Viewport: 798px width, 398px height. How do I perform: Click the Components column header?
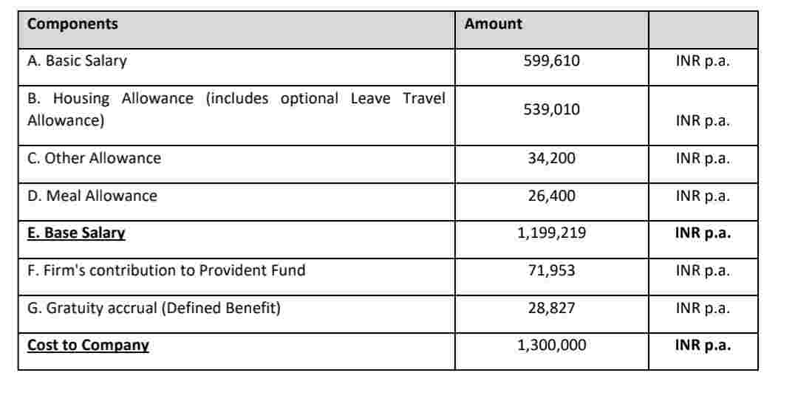(x=72, y=24)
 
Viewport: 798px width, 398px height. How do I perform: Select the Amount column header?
(x=493, y=24)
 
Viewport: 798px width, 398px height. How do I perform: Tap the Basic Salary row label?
(x=77, y=61)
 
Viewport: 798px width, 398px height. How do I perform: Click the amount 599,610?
(x=551, y=61)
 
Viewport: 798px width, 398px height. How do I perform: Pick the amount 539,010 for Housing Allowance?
(x=551, y=109)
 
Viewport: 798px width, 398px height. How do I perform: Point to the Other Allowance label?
(x=94, y=158)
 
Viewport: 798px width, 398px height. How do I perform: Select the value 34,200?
(x=551, y=158)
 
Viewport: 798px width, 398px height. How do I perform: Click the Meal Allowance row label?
(x=92, y=196)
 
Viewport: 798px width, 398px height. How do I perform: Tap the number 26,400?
(x=551, y=196)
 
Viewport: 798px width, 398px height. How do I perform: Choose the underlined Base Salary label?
(x=76, y=233)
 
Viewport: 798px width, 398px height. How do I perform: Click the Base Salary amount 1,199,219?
(x=551, y=233)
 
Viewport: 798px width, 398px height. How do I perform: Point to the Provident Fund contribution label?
(x=166, y=270)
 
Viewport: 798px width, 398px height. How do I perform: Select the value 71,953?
(x=551, y=270)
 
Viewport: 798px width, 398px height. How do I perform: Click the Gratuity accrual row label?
(x=154, y=308)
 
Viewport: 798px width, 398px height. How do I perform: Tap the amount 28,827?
(x=551, y=308)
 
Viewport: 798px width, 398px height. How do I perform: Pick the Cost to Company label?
(x=88, y=345)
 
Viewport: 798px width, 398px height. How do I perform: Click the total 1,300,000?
(x=551, y=345)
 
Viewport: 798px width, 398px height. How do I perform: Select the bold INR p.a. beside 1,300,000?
(x=703, y=345)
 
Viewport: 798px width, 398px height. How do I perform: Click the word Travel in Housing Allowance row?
(x=424, y=98)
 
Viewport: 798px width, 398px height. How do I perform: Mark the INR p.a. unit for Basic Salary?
(x=703, y=61)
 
